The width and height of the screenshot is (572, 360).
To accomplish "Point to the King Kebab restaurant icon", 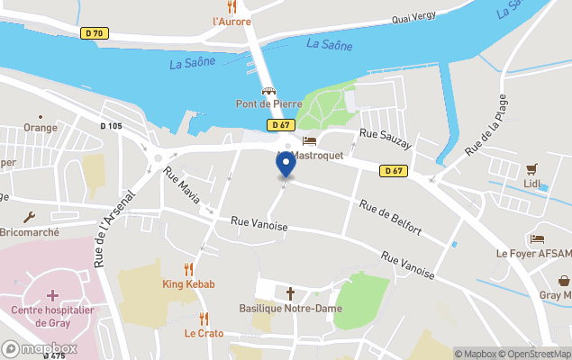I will (x=188, y=268).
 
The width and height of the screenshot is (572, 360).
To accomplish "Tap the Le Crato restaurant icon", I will (x=204, y=318).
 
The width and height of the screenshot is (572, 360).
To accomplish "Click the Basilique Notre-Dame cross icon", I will (x=290, y=293).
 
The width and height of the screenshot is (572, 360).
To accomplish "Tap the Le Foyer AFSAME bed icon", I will (x=537, y=238).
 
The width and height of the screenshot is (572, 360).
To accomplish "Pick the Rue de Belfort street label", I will (x=390, y=218).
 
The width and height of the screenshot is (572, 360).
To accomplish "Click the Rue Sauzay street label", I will (x=385, y=139).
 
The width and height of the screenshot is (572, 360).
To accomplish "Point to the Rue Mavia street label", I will (x=182, y=184).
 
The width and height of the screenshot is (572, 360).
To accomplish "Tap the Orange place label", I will (x=40, y=128).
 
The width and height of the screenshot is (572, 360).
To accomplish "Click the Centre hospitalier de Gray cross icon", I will (x=52, y=295).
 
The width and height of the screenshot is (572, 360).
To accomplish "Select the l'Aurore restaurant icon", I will (x=232, y=6).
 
